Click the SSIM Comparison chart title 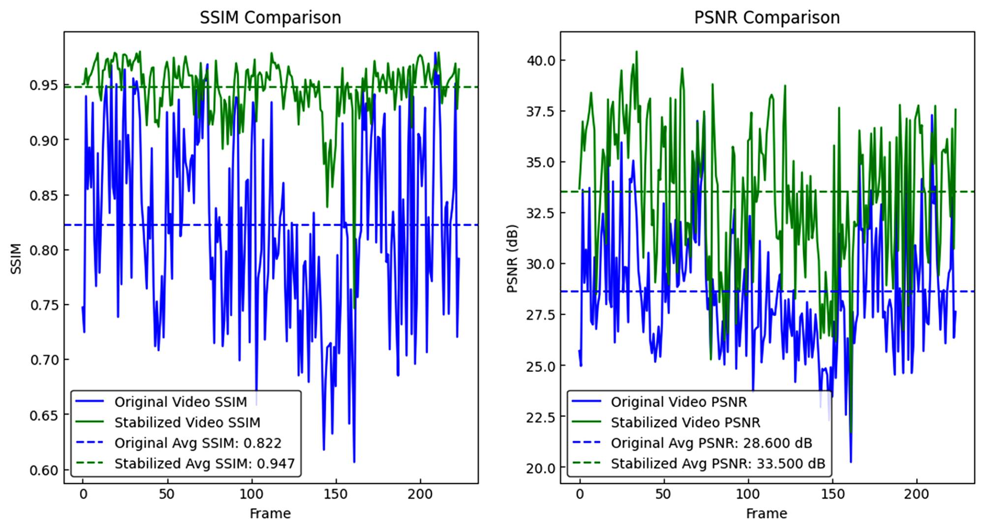pos(270,18)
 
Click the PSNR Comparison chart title pos(767,18)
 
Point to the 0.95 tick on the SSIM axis pos(43,86)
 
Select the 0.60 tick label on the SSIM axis pos(43,470)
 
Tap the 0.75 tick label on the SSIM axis pos(43,305)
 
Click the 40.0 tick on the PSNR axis pos(541,60)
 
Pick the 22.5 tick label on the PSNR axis pos(541,417)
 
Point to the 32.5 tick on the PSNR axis pos(541,213)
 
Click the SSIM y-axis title pos(16,259)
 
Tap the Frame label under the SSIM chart pos(270,514)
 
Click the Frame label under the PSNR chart pos(767,514)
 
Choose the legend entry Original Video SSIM pos(181,402)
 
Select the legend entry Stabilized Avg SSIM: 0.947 pos(204,464)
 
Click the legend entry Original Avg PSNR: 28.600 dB pos(711,443)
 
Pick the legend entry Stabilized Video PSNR pos(685,423)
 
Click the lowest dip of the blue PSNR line pos(851,462)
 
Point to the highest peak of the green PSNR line pos(637,51)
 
